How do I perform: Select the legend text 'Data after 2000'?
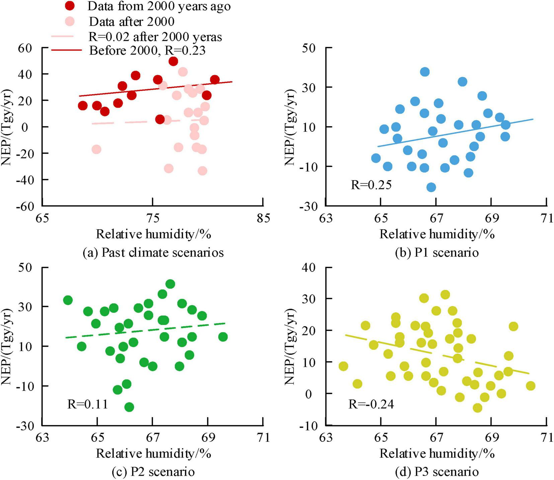[132, 22]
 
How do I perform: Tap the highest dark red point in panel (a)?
[173, 61]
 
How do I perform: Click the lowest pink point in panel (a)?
[202, 171]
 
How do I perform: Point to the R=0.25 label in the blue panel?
[371, 185]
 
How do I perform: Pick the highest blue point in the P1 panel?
[425, 72]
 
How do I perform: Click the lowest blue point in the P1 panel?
[431, 187]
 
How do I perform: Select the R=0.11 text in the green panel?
[88, 404]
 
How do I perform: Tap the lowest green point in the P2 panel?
[129, 407]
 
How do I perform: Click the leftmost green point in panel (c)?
[68, 300]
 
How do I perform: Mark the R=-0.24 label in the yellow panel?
[371, 404]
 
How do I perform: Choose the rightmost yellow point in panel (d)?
[530, 386]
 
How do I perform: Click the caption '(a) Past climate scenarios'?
[153, 252]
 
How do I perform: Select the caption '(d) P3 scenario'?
[437, 472]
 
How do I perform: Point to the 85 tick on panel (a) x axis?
[263, 218]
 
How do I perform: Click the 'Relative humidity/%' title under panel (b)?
[437, 234]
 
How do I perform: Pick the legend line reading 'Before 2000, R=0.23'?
[147, 50]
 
